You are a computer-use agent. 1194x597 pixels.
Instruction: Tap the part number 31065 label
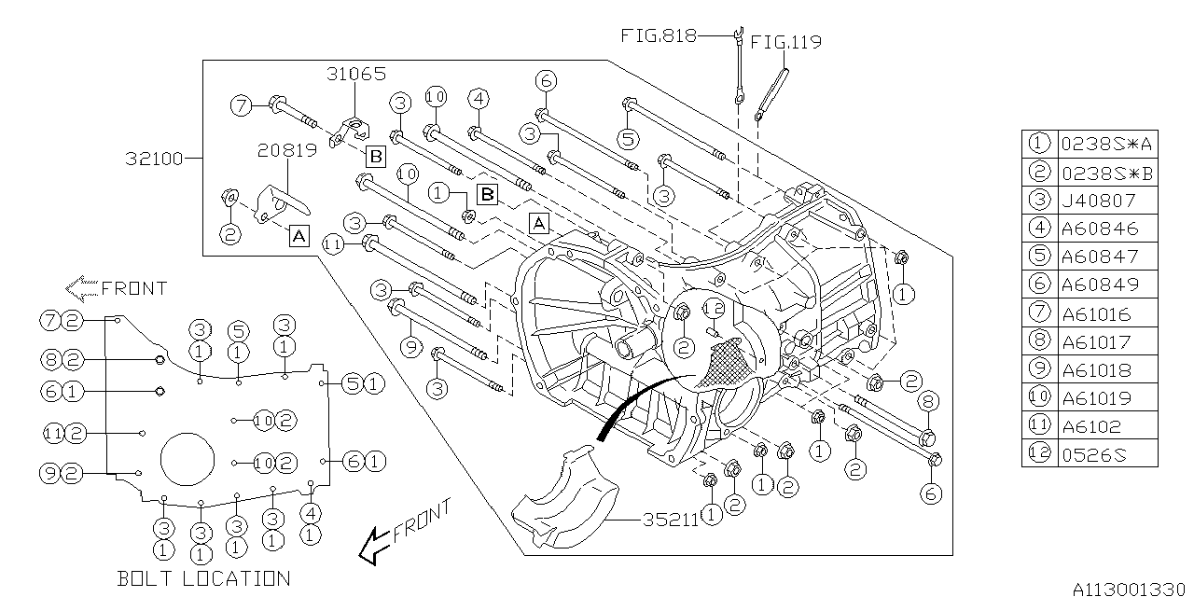[355, 74]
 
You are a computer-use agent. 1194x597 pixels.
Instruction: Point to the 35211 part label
[670, 520]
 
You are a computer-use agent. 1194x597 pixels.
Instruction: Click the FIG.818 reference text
[659, 35]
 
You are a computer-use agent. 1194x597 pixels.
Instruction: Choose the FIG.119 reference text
[785, 42]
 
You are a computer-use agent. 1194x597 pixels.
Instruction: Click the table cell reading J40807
[1100, 200]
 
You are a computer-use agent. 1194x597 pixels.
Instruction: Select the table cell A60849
[1100, 284]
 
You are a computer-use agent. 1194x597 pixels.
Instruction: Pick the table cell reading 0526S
[1100, 453]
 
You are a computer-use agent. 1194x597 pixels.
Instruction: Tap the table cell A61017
[1100, 341]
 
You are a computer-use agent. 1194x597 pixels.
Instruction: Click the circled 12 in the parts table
[1038, 453]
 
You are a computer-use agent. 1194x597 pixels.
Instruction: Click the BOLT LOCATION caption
[203, 578]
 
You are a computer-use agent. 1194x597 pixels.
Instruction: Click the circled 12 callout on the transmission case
[714, 310]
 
